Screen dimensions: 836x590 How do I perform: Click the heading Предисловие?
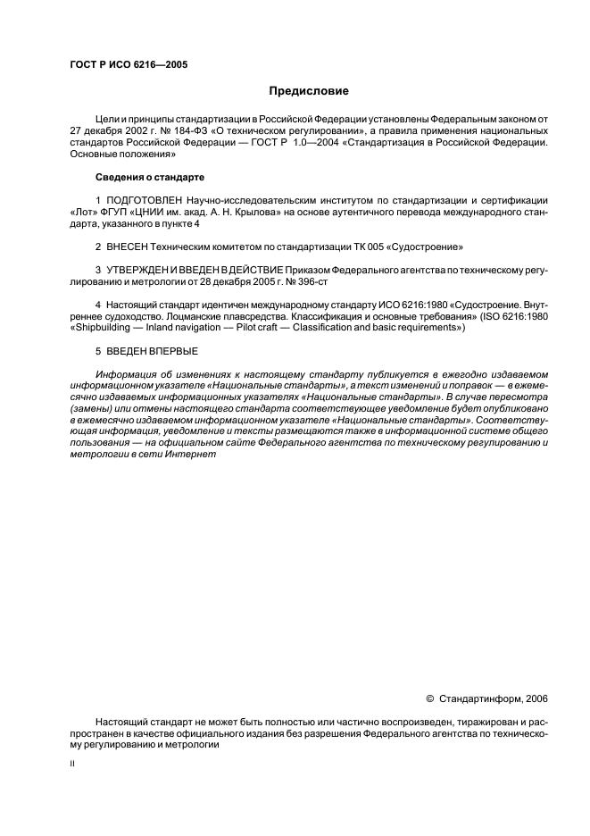(x=310, y=91)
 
